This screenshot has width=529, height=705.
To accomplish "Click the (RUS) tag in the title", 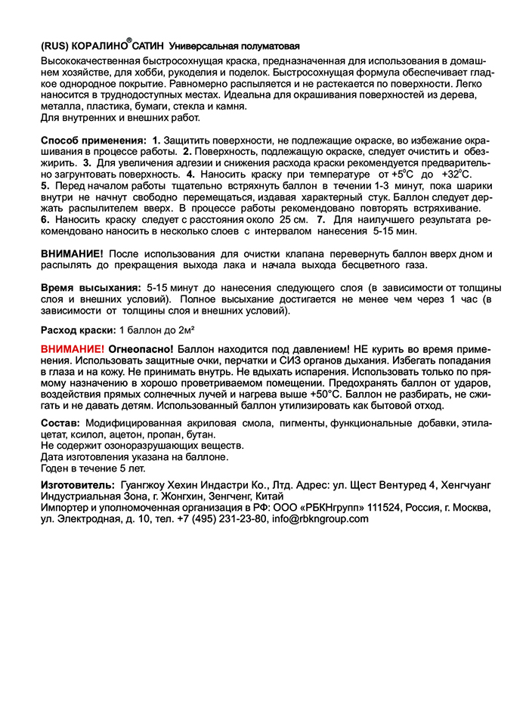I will pos(55,45).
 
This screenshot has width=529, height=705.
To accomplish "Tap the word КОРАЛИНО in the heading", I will pos(98,45).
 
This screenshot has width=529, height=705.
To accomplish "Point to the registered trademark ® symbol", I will pos(129,40).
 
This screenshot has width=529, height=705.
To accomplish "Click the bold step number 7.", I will pos(322,219).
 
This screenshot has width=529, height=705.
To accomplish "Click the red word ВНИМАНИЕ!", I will pos(72,350).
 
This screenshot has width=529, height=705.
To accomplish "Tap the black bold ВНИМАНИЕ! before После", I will pos(72,253).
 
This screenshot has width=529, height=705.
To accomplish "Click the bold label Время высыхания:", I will pos(90,288).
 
